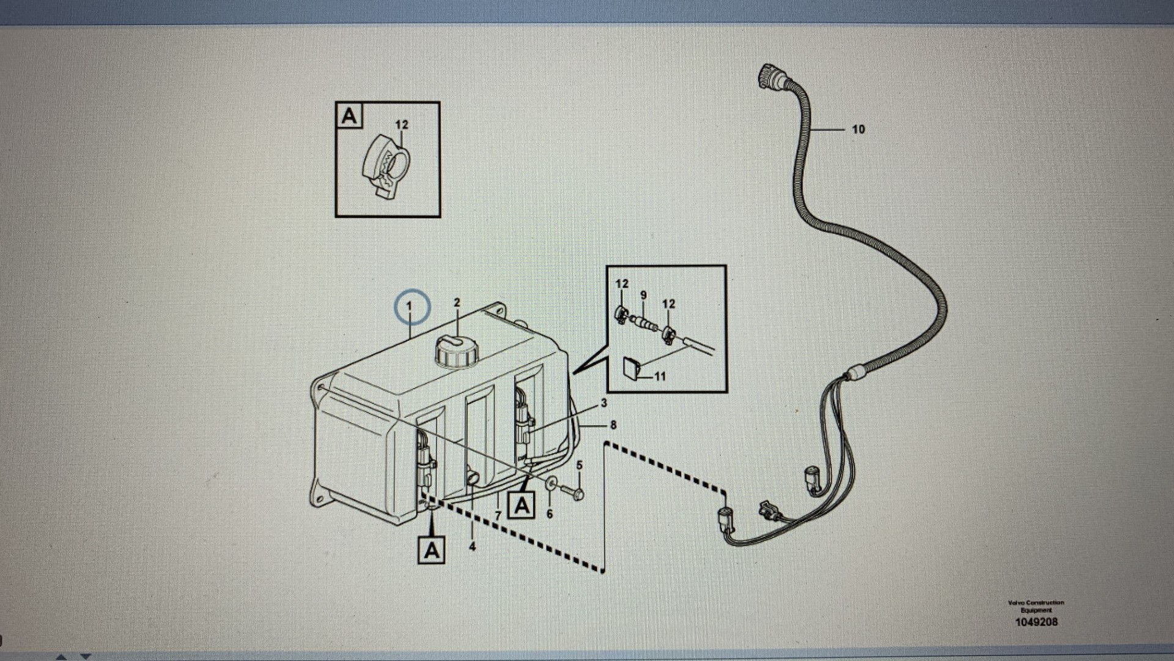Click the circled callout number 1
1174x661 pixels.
click(x=410, y=306)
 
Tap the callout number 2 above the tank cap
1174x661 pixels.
click(x=457, y=303)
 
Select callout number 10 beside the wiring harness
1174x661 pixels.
click(x=858, y=129)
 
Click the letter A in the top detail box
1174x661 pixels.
click(x=349, y=116)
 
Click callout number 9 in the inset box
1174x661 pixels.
click(x=643, y=296)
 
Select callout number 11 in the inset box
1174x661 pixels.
click(x=660, y=376)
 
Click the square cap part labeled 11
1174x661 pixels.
click(x=632, y=368)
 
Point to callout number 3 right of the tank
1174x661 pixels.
click(x=604, y=403)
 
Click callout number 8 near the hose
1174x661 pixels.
click(x=613, y=425)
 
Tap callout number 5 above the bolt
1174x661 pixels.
click(x=580, y=465)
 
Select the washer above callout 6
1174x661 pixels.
click(x=550, y=484)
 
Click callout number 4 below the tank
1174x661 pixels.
click(x=472, y=546)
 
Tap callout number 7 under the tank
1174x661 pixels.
click(x=498, y=516)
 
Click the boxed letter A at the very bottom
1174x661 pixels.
click(x=432, y=550)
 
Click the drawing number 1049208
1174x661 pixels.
click(x=1036, y=622)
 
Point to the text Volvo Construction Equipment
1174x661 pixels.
click(x=1036, y=606)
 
